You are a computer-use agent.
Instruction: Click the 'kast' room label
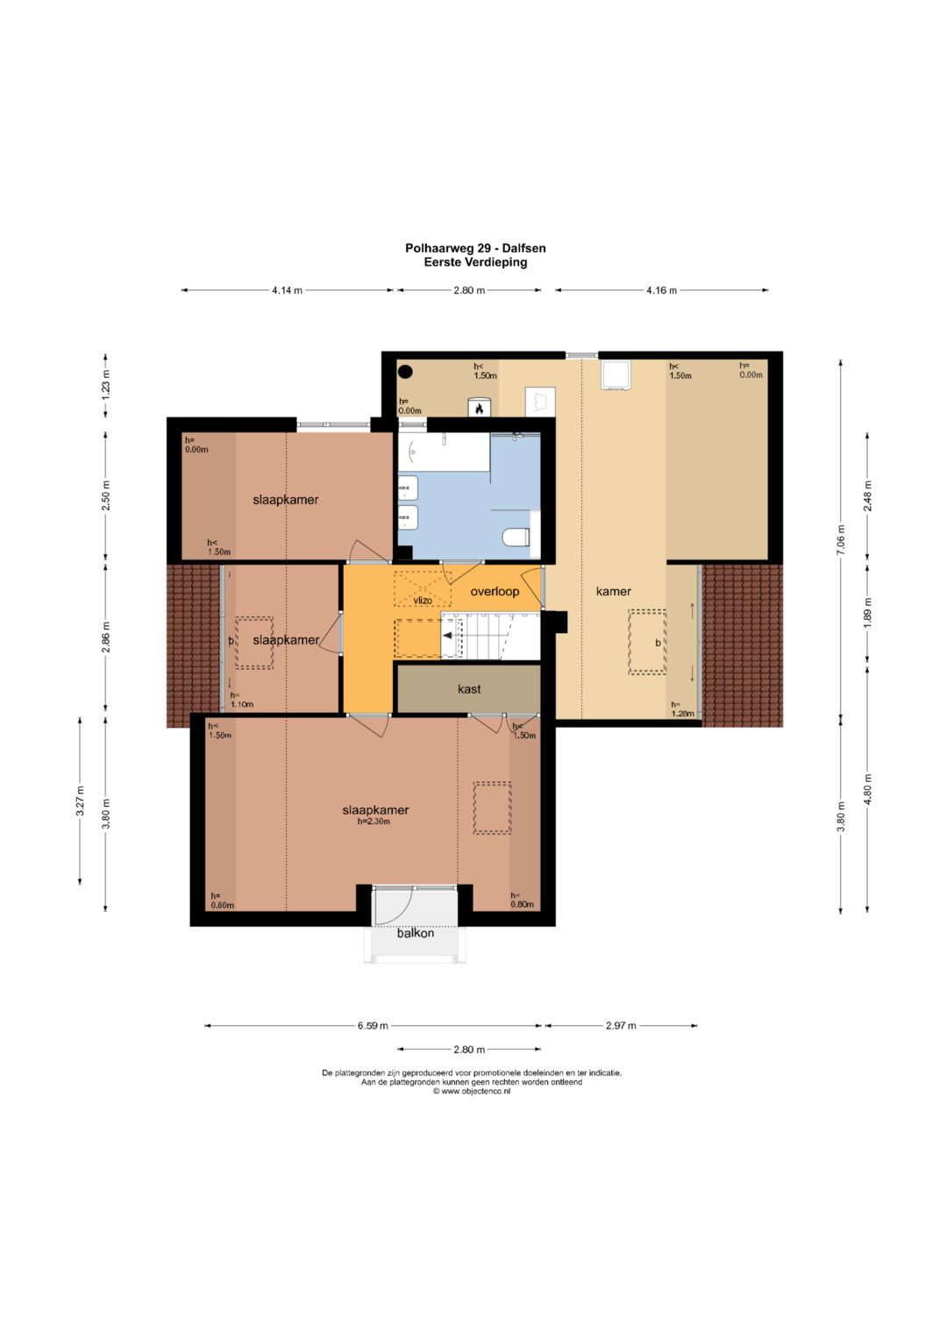point(469,689)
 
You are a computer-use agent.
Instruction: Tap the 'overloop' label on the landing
point(495,592)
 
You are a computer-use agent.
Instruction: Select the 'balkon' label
point(416,933)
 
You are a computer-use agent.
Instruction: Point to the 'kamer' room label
point(614,591)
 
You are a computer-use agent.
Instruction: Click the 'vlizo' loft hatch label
point(422,600)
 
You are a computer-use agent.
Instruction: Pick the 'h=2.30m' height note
point(374,822)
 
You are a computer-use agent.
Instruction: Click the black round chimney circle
point(406,372)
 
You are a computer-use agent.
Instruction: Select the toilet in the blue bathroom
point(516,537)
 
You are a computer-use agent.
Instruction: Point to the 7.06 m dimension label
point(841,540)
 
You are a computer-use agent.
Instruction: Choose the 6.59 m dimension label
point(373,1026)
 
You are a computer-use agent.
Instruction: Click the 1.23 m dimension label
point(105,386)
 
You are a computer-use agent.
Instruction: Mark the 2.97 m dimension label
point(621,1026)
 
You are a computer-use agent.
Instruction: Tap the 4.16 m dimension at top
point(661,290)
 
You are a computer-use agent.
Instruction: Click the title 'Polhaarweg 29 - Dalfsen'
point(475,247)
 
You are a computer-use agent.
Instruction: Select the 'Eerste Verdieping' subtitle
point(475,262)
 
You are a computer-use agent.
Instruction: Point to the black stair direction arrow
point(448,636)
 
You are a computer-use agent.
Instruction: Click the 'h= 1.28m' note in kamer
point(682,709)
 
